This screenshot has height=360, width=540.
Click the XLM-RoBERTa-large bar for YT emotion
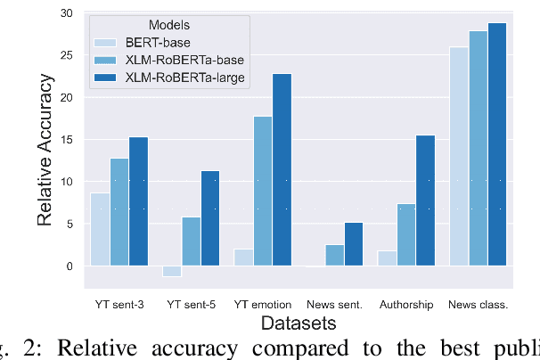[282, 169]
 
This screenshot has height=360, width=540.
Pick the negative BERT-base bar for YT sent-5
[172, 271]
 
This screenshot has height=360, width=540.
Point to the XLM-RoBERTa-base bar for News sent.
[334, 255]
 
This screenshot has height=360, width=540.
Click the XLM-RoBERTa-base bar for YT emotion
[263, 191]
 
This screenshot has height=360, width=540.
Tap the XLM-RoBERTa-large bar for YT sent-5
[209, 218]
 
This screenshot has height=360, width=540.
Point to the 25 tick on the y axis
[64, 55]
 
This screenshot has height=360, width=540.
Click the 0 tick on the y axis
[68, 266]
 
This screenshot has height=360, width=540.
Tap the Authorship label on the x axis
[406, 305]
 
